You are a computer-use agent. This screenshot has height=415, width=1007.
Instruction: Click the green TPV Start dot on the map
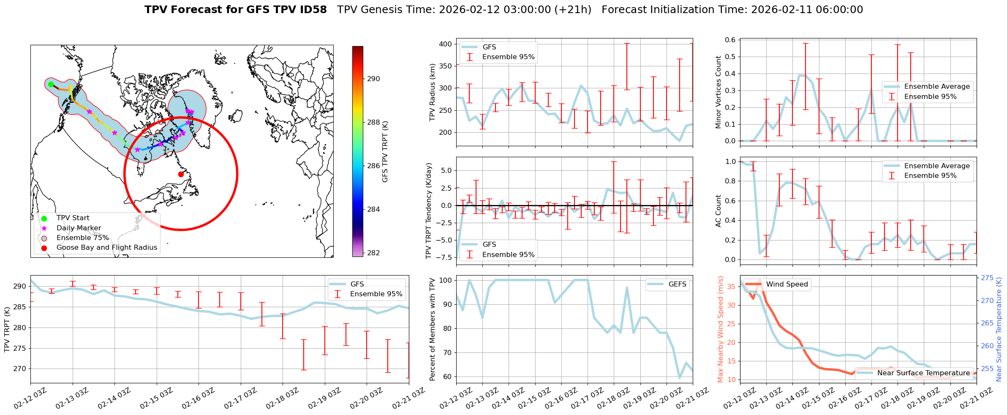coord(51,84)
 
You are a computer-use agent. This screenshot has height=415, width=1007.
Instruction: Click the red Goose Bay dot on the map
coord(181,174)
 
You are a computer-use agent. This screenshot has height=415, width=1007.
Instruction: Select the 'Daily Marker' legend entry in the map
coord(79,228)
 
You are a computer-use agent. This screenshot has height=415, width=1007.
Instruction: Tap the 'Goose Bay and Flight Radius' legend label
coord(106,248)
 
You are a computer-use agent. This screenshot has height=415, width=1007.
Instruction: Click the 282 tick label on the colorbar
coord(373,253)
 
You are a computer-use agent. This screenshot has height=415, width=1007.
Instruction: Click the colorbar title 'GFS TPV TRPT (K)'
coord(385,152)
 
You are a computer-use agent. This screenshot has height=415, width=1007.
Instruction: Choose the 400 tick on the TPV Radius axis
coord(445,44)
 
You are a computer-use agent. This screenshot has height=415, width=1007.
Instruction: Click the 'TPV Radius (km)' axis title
coord(433,92)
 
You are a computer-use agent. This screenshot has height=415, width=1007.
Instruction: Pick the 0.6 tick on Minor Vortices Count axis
coord(730,40)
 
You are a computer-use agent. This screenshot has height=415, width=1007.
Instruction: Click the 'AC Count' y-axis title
coord(719,211)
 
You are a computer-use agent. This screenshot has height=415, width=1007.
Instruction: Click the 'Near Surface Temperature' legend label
coord(923,373)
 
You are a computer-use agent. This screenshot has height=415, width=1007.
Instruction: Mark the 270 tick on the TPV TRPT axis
coord(19,369)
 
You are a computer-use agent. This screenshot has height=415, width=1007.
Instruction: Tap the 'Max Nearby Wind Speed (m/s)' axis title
coord(721,329)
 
